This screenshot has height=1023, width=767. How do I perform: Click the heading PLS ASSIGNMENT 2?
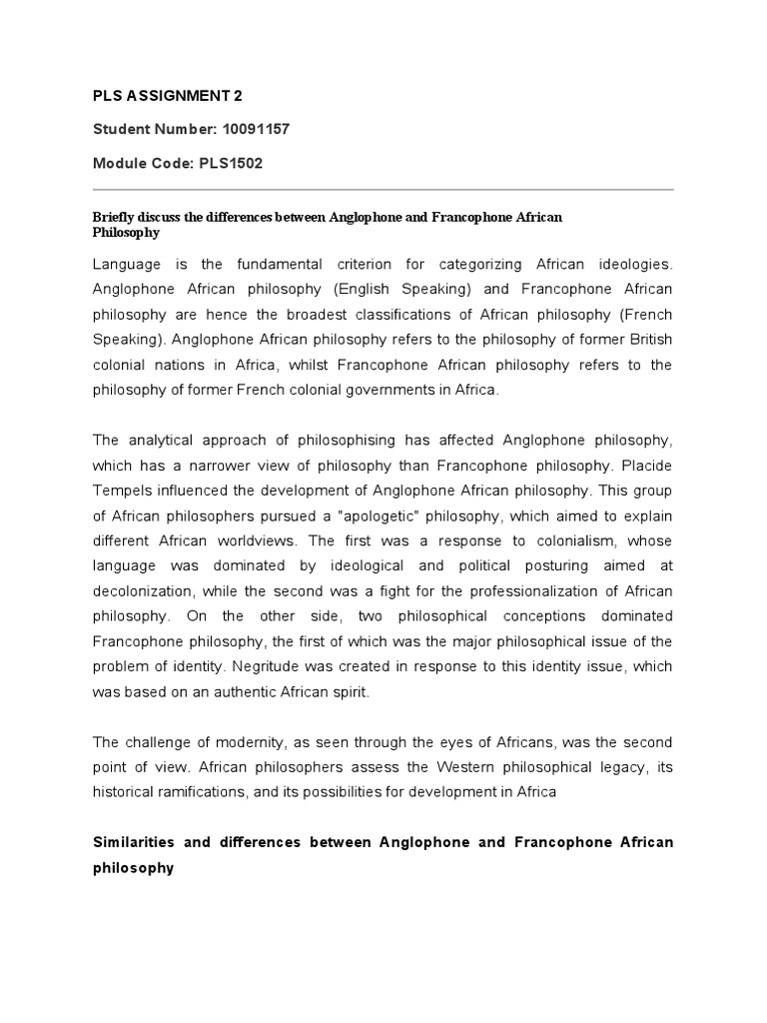point(167,96)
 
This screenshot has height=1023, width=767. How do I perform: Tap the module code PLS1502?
point(231,164)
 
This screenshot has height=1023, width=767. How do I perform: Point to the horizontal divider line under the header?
point(383,190)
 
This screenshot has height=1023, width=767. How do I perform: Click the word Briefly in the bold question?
point(117,217)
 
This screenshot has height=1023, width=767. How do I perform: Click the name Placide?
point(646,465)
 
